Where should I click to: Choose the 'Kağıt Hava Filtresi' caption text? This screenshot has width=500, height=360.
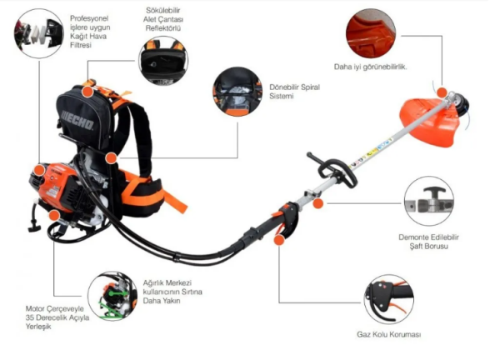(x=90, y=37)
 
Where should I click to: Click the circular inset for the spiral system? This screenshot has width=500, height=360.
(x=236, y=92)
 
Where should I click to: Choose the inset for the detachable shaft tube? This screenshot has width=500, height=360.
(x=429, y=201)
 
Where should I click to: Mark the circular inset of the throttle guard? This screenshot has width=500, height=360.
(x=387, y=298)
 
